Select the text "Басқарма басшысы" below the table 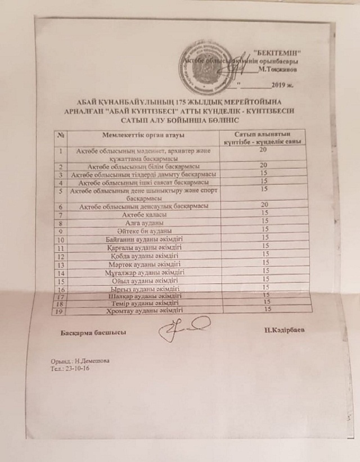[x=93, y=332]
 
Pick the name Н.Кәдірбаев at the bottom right [x=283, y=329]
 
